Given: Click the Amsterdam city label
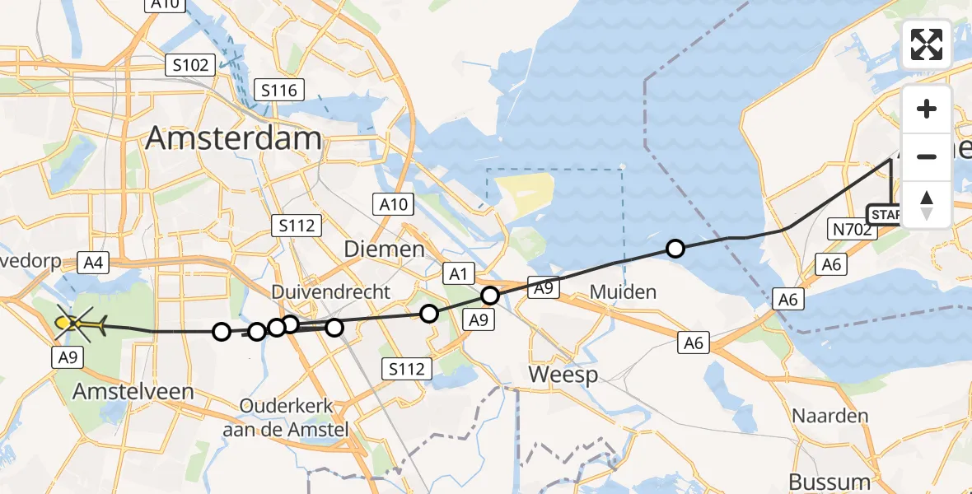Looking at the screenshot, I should (233, 138).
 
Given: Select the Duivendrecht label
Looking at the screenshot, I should (331, 292).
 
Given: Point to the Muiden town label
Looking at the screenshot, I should (623, 291).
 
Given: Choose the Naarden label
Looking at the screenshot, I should (829, 415).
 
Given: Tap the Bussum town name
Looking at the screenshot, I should (829, 482).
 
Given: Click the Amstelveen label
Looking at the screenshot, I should (133, 392).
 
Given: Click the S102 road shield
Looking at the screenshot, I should (191, 65).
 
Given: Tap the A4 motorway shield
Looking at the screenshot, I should (91, 263).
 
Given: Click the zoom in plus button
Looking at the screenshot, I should (927, 109).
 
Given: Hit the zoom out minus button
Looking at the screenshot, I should (927, 156).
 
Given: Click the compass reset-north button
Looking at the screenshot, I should (927, 204).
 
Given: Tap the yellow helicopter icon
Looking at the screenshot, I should (79, 324).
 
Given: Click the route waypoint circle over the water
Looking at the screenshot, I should (675, 248).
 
